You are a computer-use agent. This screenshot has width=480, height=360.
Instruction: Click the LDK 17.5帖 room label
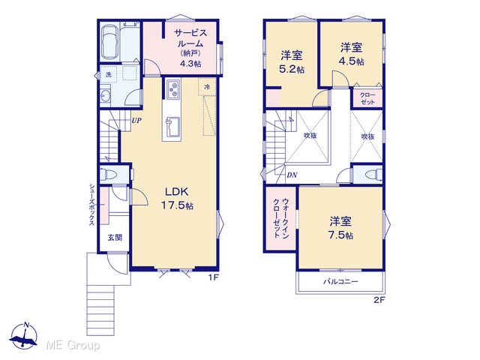(x=177, y=199)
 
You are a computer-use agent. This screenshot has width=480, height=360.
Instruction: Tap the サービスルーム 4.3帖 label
(x=190, y=48)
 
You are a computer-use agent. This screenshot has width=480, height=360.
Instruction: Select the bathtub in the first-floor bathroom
(x=109, y=42)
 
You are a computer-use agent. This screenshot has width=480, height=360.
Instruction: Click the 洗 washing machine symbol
(x=108, y=74)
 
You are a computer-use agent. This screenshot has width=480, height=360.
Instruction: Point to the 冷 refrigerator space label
(x=207, y=87)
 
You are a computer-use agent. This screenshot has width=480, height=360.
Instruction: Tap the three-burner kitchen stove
(x=173, y=88)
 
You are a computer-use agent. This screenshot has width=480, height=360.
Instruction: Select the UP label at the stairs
(x=136, y=120)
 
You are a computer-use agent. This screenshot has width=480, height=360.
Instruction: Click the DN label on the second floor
(x=292, y=175)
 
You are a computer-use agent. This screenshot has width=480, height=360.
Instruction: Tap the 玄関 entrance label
(x=115, y=237)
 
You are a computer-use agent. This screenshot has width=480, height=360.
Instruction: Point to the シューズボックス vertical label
(x=91, y=204)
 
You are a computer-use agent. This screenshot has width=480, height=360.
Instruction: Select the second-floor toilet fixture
(x=373, y=175)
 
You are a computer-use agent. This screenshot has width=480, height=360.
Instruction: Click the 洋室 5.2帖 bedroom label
(x=292, y=62)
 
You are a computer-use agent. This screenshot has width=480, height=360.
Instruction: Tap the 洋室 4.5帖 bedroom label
(x=352, y=55)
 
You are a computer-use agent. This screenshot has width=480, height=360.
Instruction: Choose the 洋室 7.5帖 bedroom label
(x=340, y=228)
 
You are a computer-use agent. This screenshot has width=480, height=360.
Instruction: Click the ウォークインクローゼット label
(x=281, y=218)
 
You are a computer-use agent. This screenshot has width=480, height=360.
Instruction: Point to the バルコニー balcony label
(x=340, y=281)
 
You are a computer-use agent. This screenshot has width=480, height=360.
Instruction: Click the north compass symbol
(x=24, y=336)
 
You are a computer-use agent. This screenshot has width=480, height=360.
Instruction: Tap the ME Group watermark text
(x=73, y=346)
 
